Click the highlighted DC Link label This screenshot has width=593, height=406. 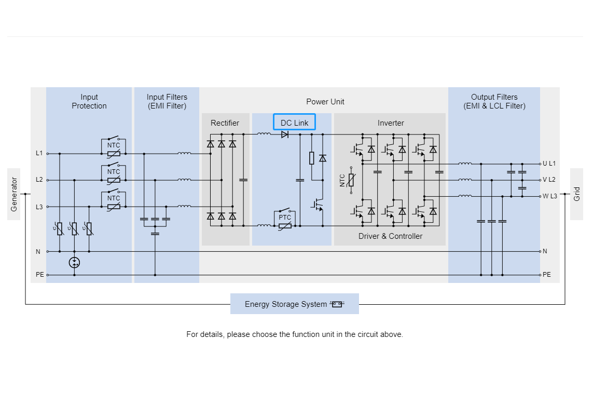click(x=294, y=122)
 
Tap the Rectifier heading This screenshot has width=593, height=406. click(x=225, y=123)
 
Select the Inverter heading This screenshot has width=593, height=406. click(x=391, y=123)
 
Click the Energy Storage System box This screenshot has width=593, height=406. click(x=295, y=304)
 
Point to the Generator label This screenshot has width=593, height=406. click(x=14, y=194)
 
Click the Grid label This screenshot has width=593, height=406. click(x=577, y=194)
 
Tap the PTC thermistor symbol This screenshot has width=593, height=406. click(x=285, y=221)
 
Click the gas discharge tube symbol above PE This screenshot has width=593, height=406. click(x=74, y=263)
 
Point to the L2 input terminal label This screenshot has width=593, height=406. click(x=39, y=180)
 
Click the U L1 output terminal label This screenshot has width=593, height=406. click(x=549, y=164)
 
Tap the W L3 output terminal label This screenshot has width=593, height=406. click(x=550, y=196)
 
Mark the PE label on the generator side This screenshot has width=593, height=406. click(x=40, y=275)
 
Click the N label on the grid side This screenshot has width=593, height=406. click(x=545, y=251)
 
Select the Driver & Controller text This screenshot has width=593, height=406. click(x=390, y=236)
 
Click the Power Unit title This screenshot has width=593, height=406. click(x=325, y=102)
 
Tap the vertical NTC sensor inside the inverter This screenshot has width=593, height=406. click(x=351, y=180)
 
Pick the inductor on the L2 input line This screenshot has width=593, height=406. click(x=184, y=180)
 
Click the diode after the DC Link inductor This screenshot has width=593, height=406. click(x=285, y=134)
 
